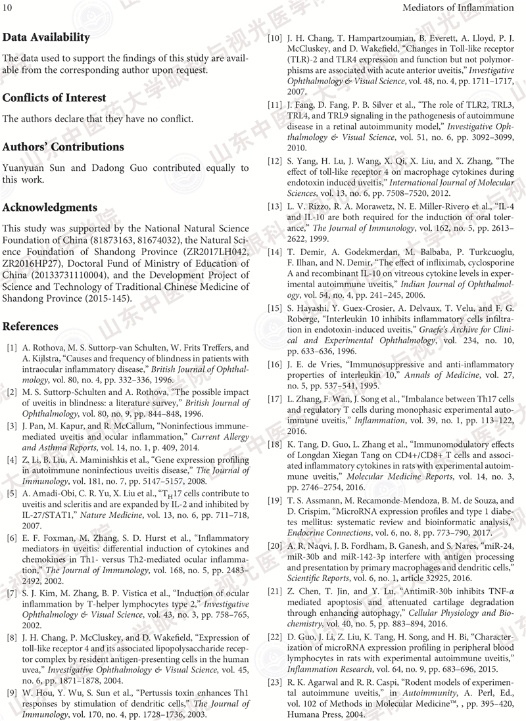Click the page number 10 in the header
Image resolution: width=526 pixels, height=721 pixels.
(x=9, y=8)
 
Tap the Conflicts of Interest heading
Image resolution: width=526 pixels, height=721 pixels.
(x=54, y=98)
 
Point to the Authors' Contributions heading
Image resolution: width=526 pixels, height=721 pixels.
(x=63, y=147)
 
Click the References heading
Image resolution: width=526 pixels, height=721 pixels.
(x=30, y=327)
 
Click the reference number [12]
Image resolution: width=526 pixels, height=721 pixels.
(x=275, y=160)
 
